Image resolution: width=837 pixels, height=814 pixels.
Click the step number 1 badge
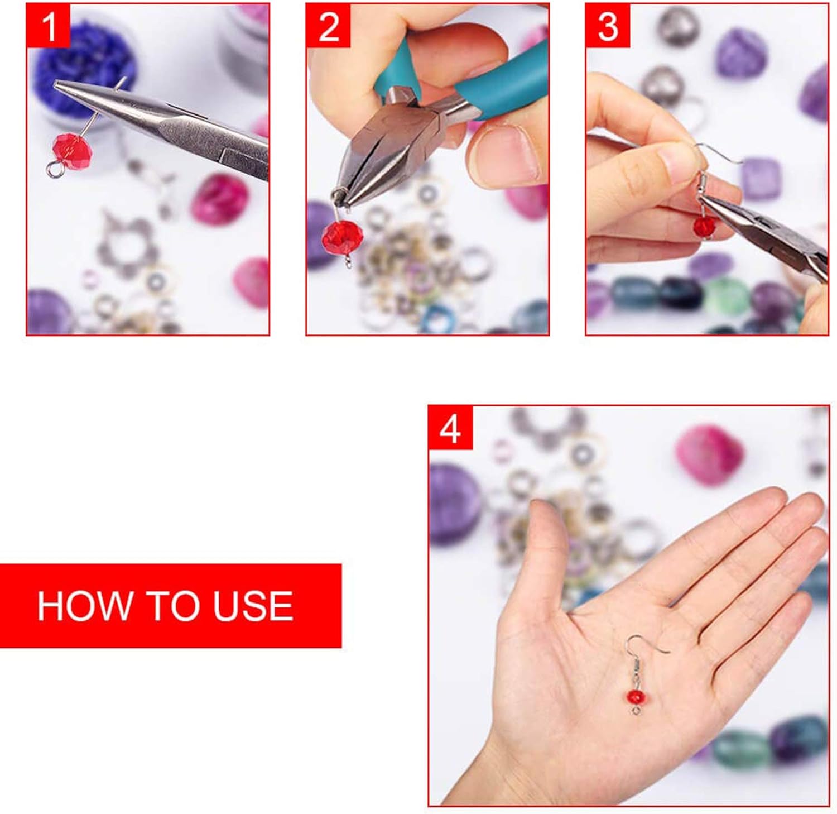pos(49,26)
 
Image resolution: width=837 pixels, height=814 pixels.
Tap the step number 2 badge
pos(328,26)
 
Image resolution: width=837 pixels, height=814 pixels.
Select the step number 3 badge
pos(608,26)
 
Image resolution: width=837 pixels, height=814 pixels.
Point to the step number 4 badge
pos(450,428)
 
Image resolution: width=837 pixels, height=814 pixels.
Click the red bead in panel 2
pos(342,236)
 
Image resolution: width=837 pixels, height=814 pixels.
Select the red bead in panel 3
pos(704,226)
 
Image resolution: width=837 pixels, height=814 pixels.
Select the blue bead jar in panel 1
pos(84,61)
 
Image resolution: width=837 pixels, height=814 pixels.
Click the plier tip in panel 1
pos(61,85)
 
